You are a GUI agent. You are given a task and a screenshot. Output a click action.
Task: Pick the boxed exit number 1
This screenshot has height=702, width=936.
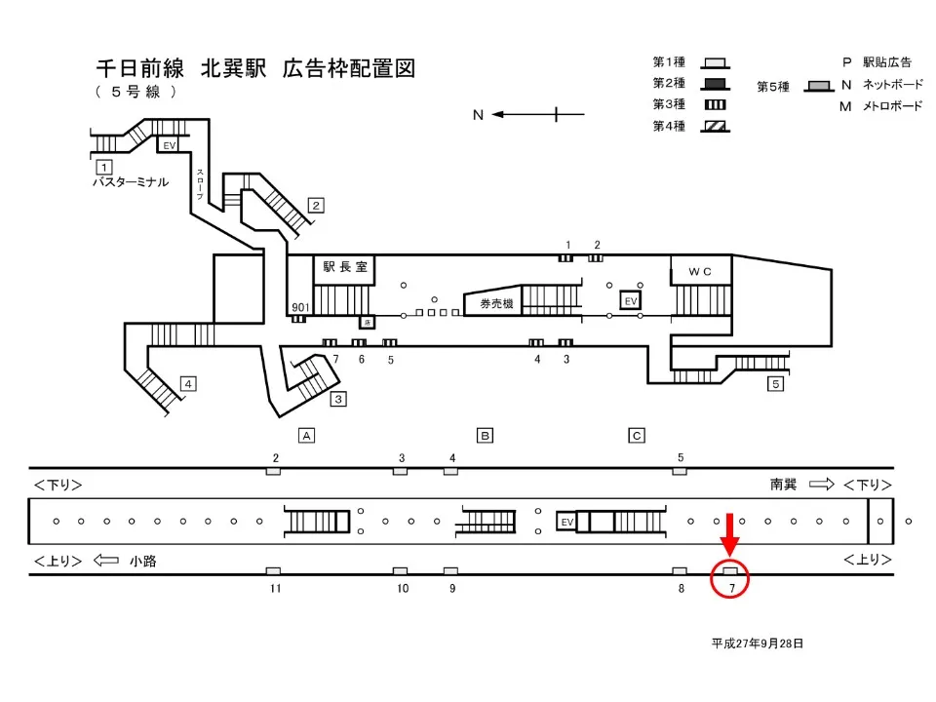tap(102, 167)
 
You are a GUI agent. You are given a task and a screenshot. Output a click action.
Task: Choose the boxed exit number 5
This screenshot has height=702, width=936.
tap(776, 384)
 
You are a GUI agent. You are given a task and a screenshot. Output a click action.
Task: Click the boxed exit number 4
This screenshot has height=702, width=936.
tap(188, 383)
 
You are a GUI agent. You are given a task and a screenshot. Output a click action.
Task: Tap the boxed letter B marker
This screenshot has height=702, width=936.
tap(485, 435)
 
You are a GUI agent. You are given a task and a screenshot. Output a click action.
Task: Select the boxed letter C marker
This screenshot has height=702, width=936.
tap(637, 435)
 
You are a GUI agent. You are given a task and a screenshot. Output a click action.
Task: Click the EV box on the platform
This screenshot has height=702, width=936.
tap(565, 522)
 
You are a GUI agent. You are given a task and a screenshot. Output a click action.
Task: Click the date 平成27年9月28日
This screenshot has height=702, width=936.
tap(757, 643)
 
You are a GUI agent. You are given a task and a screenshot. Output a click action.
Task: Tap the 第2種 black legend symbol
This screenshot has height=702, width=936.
tap(716, 83)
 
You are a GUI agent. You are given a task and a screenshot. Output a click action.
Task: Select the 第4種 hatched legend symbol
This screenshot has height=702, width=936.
tap(716, 126)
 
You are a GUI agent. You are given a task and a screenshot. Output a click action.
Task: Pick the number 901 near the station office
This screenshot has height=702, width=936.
tap(300, 307)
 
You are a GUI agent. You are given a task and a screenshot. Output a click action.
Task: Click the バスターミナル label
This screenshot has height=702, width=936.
tap(131, 182)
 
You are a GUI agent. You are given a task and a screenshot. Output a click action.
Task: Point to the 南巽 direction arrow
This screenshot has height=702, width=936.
tap(822, 485)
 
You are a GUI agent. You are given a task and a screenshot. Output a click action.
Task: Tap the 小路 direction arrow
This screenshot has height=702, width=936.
tap(106, 561)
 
